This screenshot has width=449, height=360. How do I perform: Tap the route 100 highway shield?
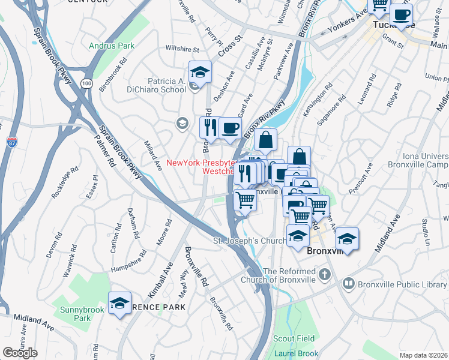coord(88,83)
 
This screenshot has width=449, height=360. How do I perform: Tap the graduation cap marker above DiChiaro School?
coord(200,73)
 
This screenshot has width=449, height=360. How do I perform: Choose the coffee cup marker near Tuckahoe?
coord(401,15)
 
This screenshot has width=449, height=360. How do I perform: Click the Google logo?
coord(20,353)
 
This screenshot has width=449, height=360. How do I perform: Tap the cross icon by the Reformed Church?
coord(325,275)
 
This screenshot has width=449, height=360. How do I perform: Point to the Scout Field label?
coord(293,339)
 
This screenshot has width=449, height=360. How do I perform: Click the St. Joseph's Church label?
coord(250,242)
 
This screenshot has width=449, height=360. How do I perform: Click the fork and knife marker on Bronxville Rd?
coord(210,128)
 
